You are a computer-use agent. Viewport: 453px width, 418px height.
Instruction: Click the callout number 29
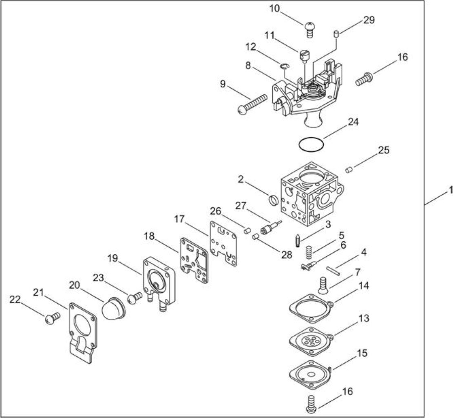coord(369,20)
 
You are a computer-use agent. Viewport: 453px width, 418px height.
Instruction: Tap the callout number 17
coord(179,219)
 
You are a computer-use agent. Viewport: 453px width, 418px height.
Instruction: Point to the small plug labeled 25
coord(349,170)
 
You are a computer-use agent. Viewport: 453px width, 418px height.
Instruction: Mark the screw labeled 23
coord(135,298)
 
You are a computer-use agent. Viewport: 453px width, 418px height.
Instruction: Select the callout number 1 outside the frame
coord(450,190)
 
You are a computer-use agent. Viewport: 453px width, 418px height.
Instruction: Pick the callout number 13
coord(364,318)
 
